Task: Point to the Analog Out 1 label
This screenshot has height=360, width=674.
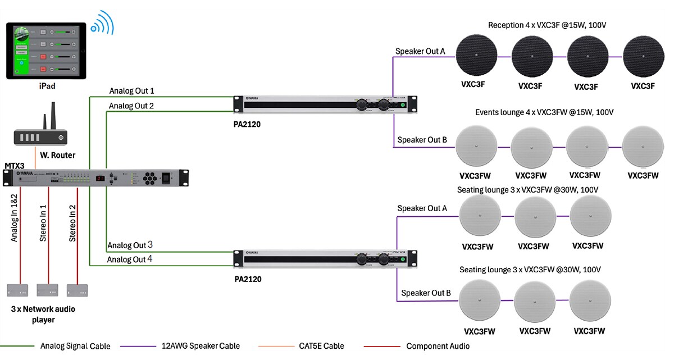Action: coord(131,91)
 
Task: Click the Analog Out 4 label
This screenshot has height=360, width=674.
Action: coord(130,259)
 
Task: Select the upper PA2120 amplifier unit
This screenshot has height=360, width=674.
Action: coord(325,104)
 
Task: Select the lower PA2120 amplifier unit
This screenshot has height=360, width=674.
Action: coord(325,259)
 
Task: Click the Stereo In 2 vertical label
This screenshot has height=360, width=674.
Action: coord(73,223)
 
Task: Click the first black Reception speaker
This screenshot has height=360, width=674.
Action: coord(476,57)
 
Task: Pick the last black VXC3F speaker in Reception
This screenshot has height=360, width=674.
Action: coord(643,57)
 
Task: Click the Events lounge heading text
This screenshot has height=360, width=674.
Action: coord(544,112)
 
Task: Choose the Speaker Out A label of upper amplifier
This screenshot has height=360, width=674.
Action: coord(420,52)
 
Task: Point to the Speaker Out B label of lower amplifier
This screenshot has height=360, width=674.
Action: coord(425,293)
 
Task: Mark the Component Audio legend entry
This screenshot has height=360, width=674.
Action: coord(438,346)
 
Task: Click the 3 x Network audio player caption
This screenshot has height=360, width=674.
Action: coord(43,315)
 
